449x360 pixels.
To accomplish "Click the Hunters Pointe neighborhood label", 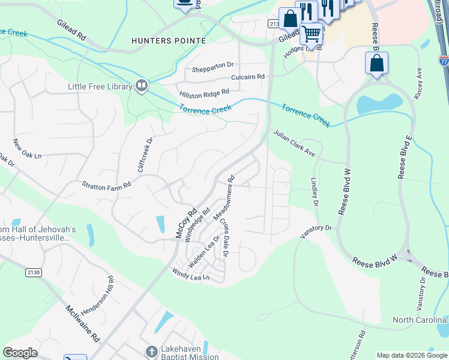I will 169,41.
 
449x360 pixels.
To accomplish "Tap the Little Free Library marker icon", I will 142,86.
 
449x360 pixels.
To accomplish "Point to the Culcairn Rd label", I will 248,77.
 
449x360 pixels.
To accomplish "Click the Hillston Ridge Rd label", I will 204,93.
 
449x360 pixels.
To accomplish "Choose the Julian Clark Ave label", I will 294,144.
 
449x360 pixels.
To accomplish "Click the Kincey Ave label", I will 419,84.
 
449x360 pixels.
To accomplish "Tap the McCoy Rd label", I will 186,223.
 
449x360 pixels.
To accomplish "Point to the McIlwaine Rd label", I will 82,323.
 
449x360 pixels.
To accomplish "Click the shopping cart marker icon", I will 310,34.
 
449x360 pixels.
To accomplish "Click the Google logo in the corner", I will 20,353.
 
